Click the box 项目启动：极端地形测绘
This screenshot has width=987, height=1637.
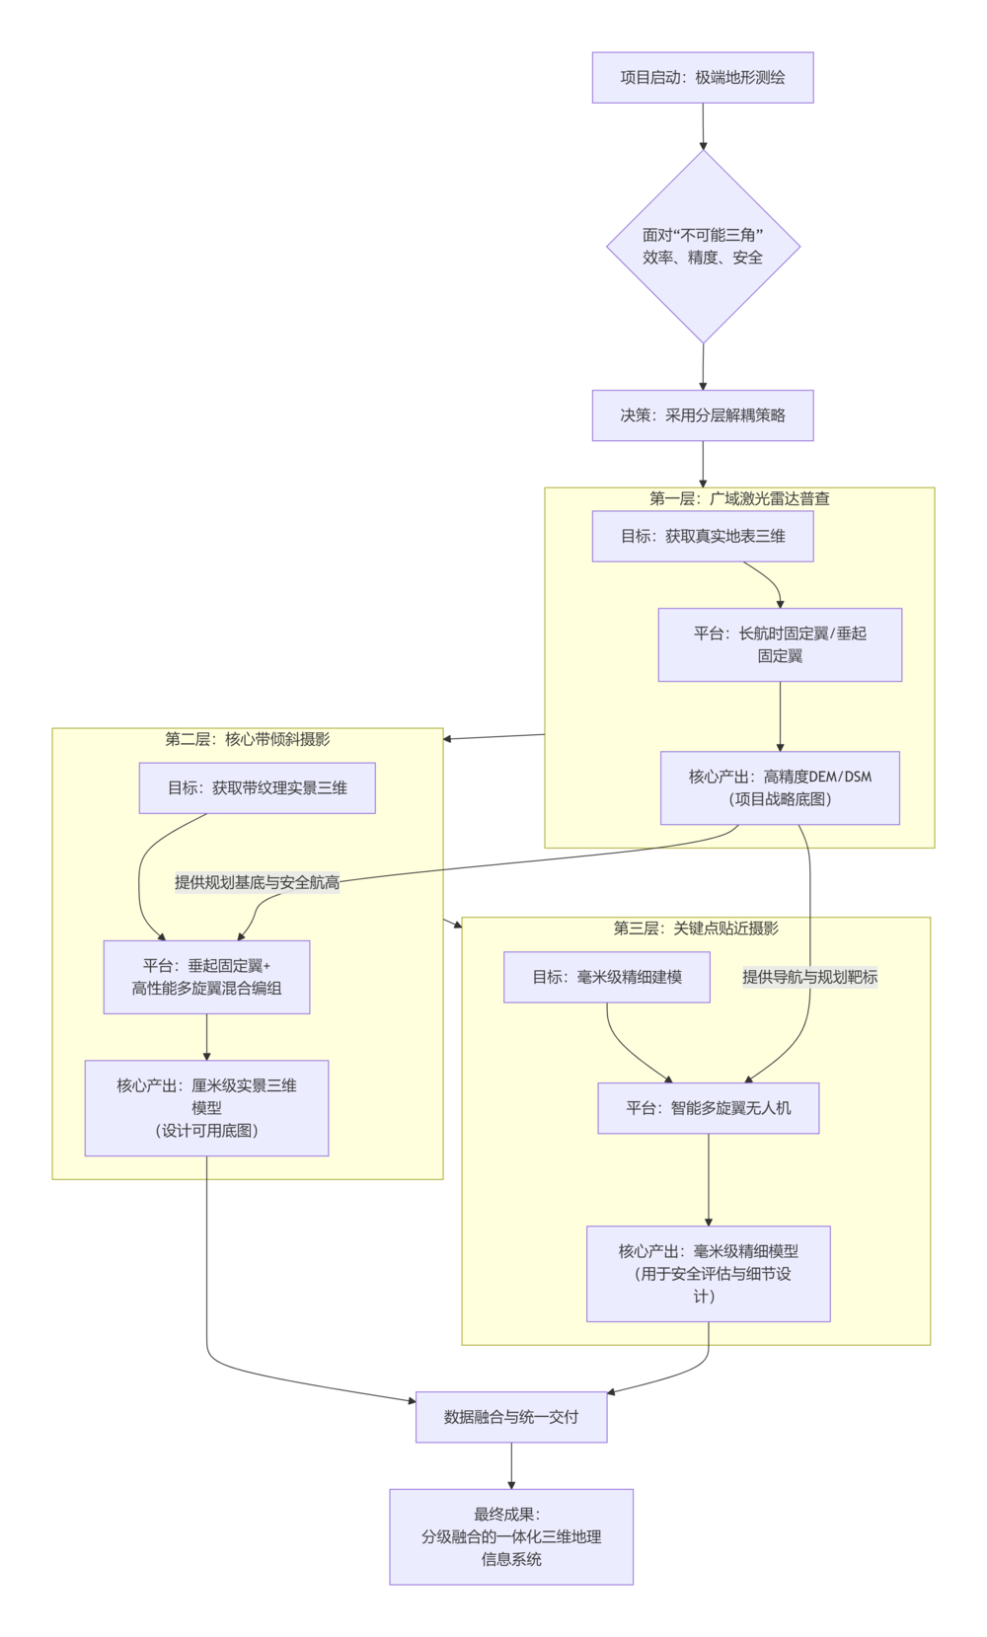pyautogui.click(x=702, y=77)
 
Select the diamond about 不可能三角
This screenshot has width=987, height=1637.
pyautogui.click(x=703, y=246)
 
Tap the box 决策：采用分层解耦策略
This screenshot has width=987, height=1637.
pyautogui.click(x=702, y=415)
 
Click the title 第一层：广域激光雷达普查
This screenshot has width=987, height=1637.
pyautogui.click(x=739, y=498)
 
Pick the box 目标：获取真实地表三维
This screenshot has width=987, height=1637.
pyautogui.click(x=702, y=536)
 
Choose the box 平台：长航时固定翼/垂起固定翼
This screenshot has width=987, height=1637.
pyautogui.click(x=780, y=644)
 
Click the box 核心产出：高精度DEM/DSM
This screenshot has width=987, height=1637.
pyautogui.click(x=780, y=787)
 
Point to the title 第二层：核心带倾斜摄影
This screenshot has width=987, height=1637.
pyautogui.click(x=248, y=739)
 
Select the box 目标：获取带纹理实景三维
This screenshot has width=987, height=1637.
pyautogui.click(x=257, y=787)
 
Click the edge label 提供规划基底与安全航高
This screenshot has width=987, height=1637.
pyautogui.click(x=257, y=882)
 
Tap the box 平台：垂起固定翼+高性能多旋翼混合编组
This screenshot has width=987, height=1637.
pyautogui.click(x=206, y=977)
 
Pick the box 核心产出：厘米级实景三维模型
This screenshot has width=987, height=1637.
pyautogui.click(x=206, y=1107)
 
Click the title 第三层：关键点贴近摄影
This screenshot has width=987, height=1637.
pyautogui.click(x=696, y=928)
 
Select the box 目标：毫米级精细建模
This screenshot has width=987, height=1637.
pyautogui.click(x=606, y=977)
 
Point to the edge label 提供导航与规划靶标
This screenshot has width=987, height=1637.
pyautogui.click(x=809, y=977)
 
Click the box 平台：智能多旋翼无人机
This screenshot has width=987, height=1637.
pyautogui.click(x=708, y=1108)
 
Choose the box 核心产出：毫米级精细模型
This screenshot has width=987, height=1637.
pyautogui.click(x=708, y=1273)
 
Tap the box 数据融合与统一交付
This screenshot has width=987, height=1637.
pyautogui.click(x=510, y=1417)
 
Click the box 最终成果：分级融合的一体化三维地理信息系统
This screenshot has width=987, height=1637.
pyautogui.click(x=510, y=1536)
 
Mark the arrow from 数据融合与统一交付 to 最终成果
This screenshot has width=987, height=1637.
pyautogui.click(x=511, y=1465)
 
